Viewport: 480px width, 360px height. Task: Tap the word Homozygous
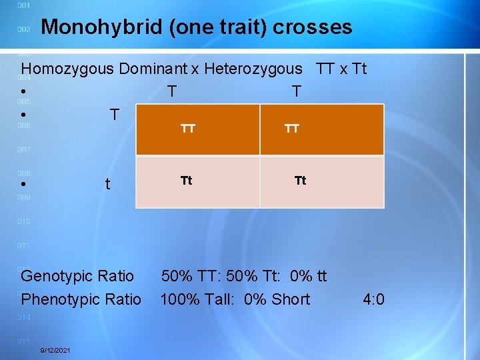coord(68,69)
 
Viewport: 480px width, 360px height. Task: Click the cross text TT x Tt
coord(339,69)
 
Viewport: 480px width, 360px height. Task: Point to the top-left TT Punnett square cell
coord(198,130)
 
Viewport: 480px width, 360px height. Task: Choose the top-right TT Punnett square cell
coord(322,130)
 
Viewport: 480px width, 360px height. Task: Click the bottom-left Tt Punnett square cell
coord(198,182)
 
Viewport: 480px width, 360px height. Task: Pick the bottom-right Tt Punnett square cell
coord(322,182)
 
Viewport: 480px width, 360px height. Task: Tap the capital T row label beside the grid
coord(115,115)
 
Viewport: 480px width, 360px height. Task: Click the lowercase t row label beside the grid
coord(108,185)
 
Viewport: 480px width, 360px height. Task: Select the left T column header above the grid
coord(172,91)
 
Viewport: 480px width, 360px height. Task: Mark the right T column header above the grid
coord(297,91)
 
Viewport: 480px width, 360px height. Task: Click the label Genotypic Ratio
coord(77,276)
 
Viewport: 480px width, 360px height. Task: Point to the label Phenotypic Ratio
coord(81,299)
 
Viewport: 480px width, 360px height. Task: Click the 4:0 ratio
coord(373,299)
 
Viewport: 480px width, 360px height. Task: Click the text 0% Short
coord(277,299)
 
